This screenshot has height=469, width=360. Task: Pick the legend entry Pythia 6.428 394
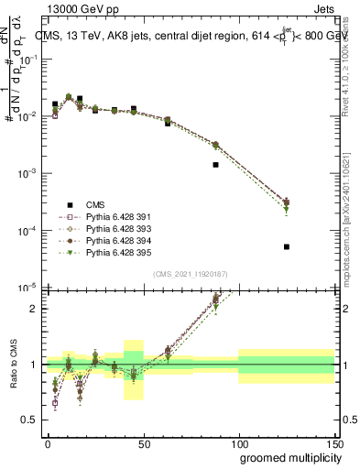tap(108, 241)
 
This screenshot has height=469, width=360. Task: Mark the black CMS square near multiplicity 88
tap(215, 165)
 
